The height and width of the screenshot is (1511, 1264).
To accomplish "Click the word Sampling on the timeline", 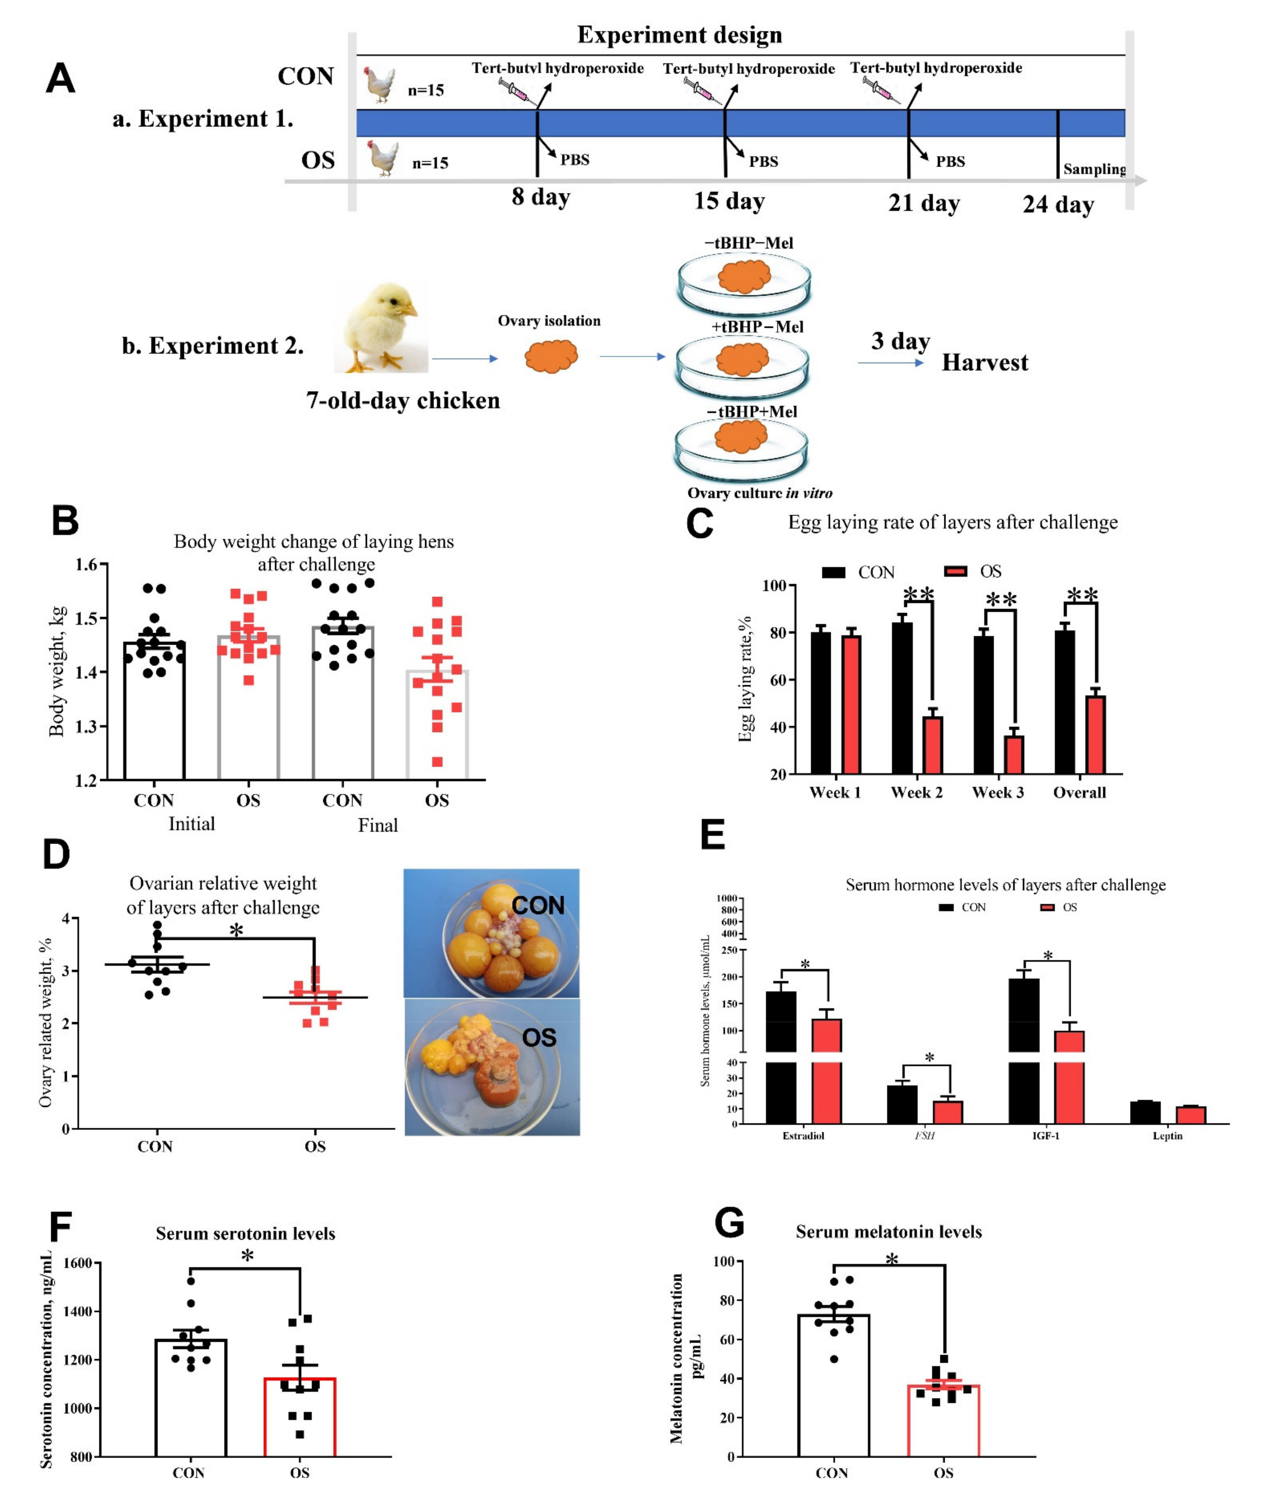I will (x=1094, y=169).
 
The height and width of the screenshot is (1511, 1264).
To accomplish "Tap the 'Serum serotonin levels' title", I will (x=245, y=1233).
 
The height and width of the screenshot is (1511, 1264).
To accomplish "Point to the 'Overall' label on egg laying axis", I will (x=1079, y=792).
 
